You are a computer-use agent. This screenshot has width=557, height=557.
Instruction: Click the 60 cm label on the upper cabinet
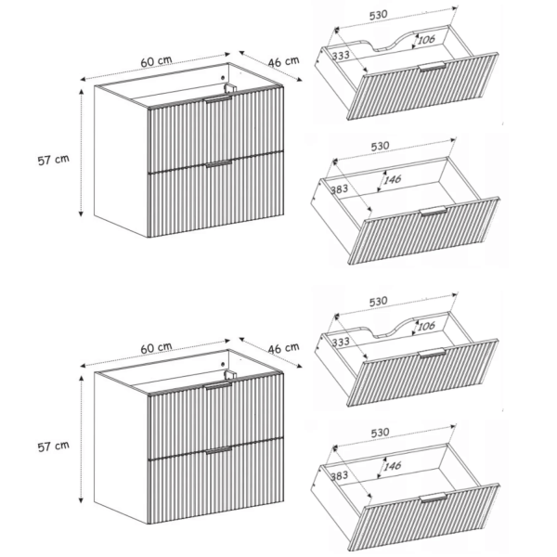156,61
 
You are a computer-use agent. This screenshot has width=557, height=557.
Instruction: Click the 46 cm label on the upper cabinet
283,61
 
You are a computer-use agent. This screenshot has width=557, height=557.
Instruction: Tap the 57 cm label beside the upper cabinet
53,160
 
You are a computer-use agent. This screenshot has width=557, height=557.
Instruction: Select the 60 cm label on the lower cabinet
156,348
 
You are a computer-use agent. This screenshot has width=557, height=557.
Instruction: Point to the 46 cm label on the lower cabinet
283,348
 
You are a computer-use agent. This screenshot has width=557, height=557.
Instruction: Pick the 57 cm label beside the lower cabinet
53,447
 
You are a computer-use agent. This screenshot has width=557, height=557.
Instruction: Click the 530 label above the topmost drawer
379,15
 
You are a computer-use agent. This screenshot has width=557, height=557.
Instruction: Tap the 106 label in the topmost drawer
426,39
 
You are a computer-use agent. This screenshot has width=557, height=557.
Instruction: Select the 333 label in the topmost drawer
341,55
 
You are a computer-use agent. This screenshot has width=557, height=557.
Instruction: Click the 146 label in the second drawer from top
392,179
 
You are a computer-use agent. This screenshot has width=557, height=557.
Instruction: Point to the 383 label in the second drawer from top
339,189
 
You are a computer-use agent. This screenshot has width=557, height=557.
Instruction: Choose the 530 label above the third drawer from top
379,302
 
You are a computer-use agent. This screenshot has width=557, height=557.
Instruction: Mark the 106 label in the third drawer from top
426,326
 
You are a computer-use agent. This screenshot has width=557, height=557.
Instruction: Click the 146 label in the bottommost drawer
392,466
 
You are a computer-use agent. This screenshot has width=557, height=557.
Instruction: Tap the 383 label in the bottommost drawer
339,475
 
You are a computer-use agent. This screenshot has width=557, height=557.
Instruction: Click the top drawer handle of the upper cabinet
218,99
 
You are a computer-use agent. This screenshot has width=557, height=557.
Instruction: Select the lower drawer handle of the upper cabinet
218,163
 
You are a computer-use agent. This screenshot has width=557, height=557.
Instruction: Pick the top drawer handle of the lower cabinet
218,386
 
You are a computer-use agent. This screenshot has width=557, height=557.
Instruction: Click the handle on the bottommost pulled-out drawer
434,498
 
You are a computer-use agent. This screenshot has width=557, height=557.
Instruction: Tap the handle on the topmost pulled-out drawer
432,67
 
